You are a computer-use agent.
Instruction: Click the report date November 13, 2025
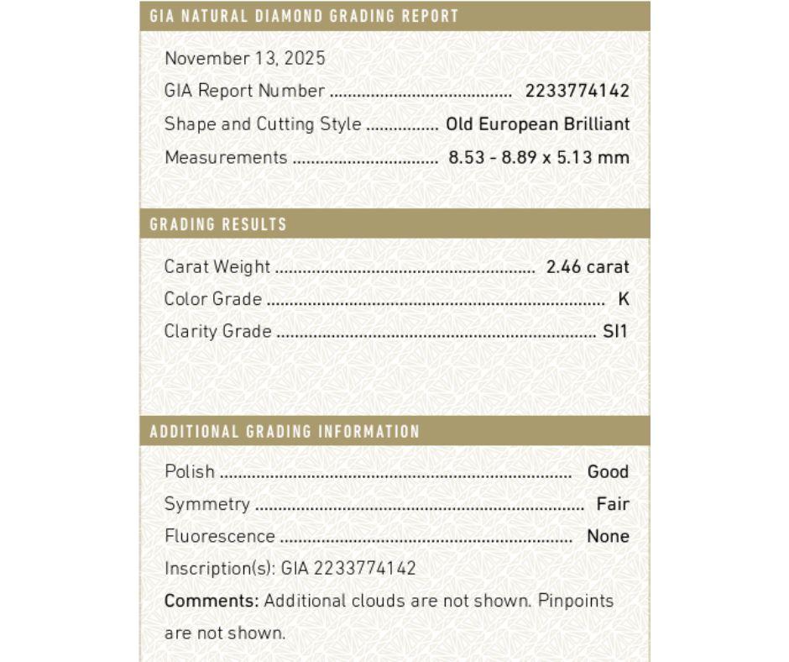tap(244, 59)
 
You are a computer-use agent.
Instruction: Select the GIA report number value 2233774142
tap(577, 92)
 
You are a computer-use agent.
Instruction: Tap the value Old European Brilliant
tap(537, 124)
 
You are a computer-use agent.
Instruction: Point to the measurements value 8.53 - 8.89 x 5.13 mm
tap(539, 157)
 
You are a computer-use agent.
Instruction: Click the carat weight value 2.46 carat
tap(587, 267)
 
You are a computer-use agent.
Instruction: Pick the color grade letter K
tap(623, 299)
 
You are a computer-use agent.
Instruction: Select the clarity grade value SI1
tap(615, 331)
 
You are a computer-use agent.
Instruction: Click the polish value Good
tap(608, 471)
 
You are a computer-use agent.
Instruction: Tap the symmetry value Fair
tap(613, 504)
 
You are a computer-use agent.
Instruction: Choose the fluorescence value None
tap(608, 536)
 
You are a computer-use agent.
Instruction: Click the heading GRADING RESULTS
tap(218, 224)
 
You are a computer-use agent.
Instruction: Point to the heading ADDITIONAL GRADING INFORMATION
tap(285, 432)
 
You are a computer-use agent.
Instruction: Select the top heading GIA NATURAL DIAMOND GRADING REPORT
tap(304, 16)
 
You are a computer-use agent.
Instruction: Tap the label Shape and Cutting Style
tap(263, 124)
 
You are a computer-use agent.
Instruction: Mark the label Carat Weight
tap(217, 267)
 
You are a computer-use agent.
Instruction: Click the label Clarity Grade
tap(217, 331)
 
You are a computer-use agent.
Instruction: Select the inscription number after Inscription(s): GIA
tap(365, 569)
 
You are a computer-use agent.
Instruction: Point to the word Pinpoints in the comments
tap(576, 601)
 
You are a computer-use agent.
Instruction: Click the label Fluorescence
tap(219, 536)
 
